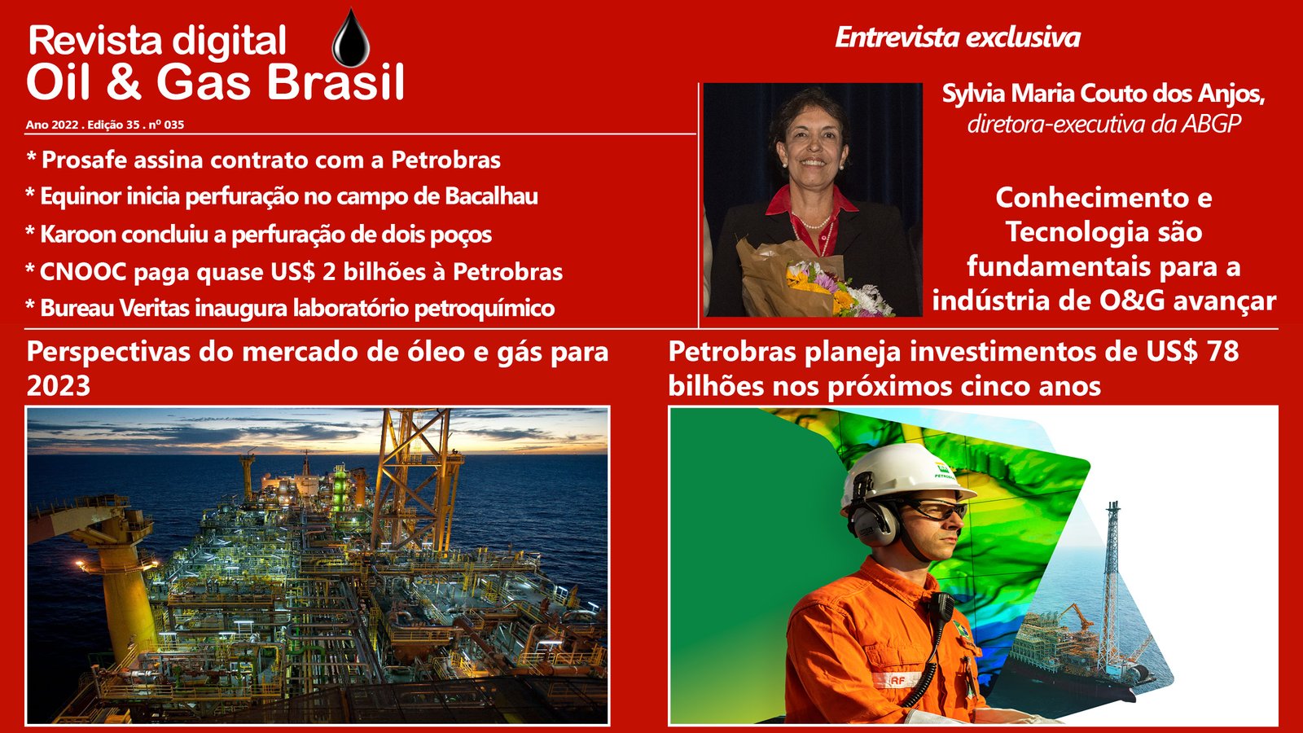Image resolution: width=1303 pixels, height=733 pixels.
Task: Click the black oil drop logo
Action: [351, 38]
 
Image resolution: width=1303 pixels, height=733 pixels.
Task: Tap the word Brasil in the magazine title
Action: [336, 82]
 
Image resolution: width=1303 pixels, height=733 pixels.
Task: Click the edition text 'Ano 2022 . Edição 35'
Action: [82, 125]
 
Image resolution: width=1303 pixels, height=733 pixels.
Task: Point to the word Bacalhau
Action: [491, 196]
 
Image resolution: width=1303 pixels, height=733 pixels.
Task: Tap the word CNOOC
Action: [83, 272]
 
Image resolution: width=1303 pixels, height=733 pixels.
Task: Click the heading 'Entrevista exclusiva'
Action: [958, 37]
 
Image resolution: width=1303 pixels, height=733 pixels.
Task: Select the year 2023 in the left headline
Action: [58, 386]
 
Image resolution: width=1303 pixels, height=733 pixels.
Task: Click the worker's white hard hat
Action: [905, 474]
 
